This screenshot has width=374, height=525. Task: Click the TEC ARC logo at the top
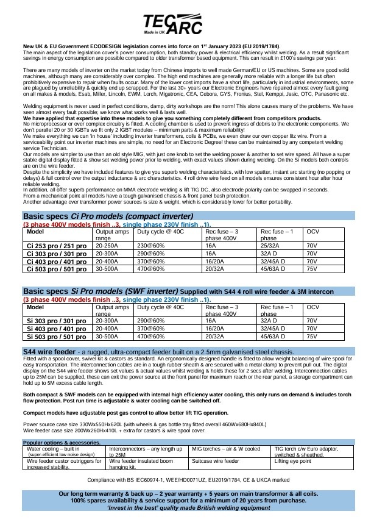click(x=186, y=26)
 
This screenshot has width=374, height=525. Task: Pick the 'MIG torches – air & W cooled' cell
click(x=226, y=449)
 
